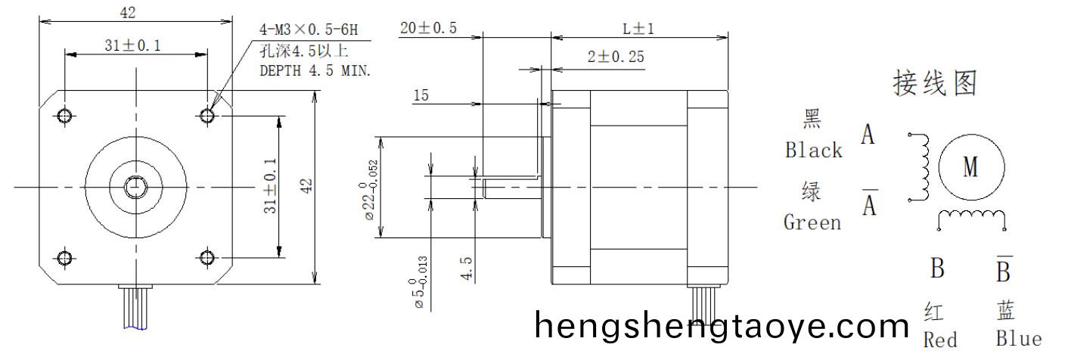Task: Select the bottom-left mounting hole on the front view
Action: (65, 258)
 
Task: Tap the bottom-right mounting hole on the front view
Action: (207, 258)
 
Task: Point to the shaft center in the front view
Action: (136, 186)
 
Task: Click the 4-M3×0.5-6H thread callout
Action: (308, 31)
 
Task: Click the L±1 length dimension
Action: (638, 29)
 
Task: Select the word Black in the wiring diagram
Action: (813, 151)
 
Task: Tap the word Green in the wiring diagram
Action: (812, 223)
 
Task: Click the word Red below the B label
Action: (939, 340)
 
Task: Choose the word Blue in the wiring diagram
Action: (1018, 339)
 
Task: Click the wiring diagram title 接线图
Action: (935, 83)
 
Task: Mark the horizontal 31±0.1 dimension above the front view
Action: (132, 46)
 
